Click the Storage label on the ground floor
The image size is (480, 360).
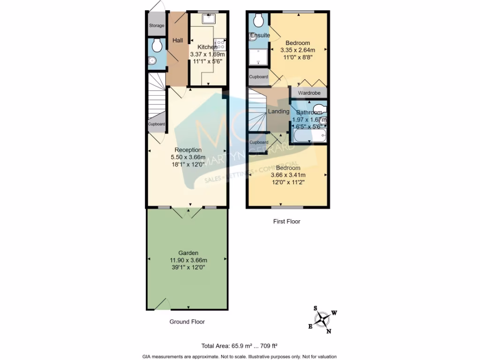click(x=157, y=25)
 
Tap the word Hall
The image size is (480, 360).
click(x=178, y=41)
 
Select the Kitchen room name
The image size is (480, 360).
click(x=207, y=47)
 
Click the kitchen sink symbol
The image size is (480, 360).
click(x=208, y=19)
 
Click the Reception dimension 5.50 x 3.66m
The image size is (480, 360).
click(x=186, y=157)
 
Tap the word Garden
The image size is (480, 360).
click(x=188, y=253)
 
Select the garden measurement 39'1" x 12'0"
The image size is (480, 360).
click(x=188, y=267)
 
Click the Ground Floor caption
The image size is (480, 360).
click(x=187, y=322)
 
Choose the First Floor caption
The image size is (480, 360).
click(x=287, y=221)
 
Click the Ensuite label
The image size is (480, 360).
click(x=259, y=35)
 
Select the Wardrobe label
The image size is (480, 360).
click(x=309, y=93)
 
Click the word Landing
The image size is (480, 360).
click(x=278, y=111)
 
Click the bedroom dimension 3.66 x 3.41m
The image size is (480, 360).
click(x=288, y=175)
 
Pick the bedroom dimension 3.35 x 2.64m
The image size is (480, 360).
click(x=298, y=50)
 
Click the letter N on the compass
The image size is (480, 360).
click(x=329, y=331)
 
